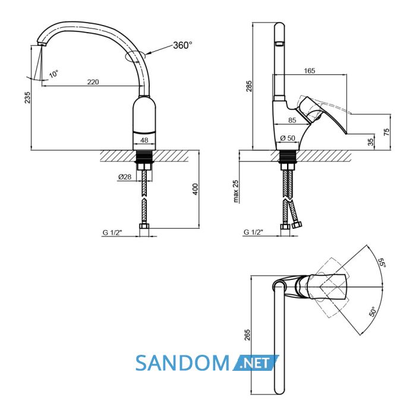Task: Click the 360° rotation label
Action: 182,45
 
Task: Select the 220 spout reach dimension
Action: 93,82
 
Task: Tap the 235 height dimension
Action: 27,97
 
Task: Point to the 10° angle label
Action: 54,74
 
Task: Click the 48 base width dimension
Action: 144,140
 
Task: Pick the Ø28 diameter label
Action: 125,177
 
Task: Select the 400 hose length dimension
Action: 196,189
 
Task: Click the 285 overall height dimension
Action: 249,86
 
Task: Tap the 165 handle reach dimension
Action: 310,71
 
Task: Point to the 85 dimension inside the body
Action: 292,120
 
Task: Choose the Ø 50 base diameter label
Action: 288,138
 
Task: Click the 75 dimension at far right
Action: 387,132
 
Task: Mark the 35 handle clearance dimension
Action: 371,142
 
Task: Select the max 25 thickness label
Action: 236,191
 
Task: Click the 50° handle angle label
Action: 373,312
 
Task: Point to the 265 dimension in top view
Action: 247,335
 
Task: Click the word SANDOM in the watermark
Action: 182,363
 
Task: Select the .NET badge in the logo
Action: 256,363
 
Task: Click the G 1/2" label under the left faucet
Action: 112,233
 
